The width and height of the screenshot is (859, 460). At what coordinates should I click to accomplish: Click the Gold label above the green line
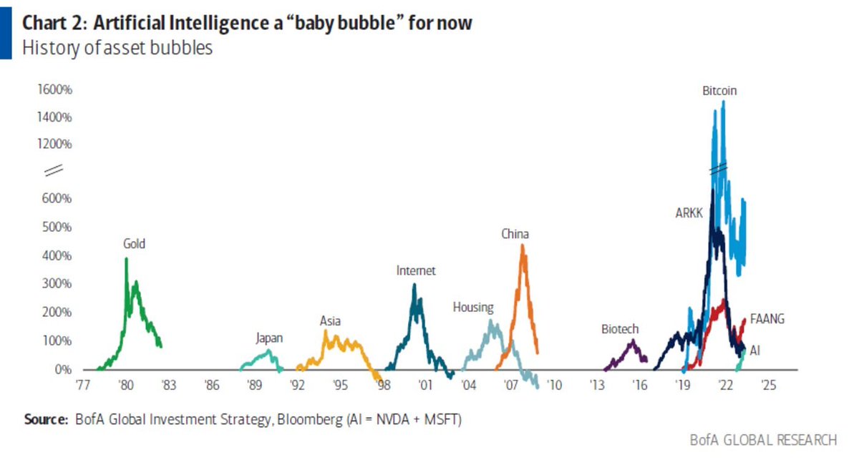point(134,244)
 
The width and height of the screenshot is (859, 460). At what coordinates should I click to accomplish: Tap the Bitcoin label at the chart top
point(719,91)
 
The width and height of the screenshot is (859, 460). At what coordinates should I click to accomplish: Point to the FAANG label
point(767,319)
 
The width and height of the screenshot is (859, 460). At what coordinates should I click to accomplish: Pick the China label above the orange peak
point(515,234)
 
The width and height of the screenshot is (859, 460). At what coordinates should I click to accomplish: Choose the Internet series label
point(416,270)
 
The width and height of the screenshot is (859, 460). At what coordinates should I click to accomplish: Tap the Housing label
point(472,308)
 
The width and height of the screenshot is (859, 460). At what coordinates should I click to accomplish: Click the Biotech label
point(620,329)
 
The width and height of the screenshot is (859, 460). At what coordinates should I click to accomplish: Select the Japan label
point(269,338)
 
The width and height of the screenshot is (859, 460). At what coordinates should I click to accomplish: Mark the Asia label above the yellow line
point(330,320)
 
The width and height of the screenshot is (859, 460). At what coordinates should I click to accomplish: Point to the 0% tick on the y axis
point(63,370)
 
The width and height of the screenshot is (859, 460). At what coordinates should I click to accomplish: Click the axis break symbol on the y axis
point(54,171)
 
